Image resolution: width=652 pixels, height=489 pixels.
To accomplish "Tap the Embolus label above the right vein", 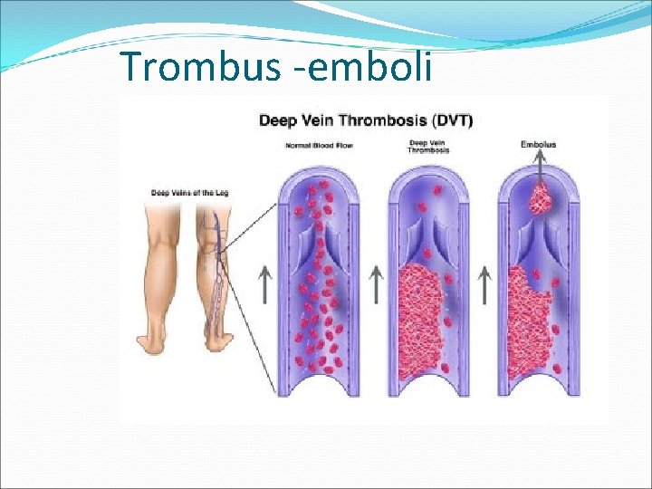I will (x=539, y=144).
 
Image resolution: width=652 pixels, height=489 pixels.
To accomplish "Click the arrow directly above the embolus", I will (x=540, y=168).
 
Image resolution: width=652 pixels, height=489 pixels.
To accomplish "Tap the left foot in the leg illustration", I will (x=152, y=343).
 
